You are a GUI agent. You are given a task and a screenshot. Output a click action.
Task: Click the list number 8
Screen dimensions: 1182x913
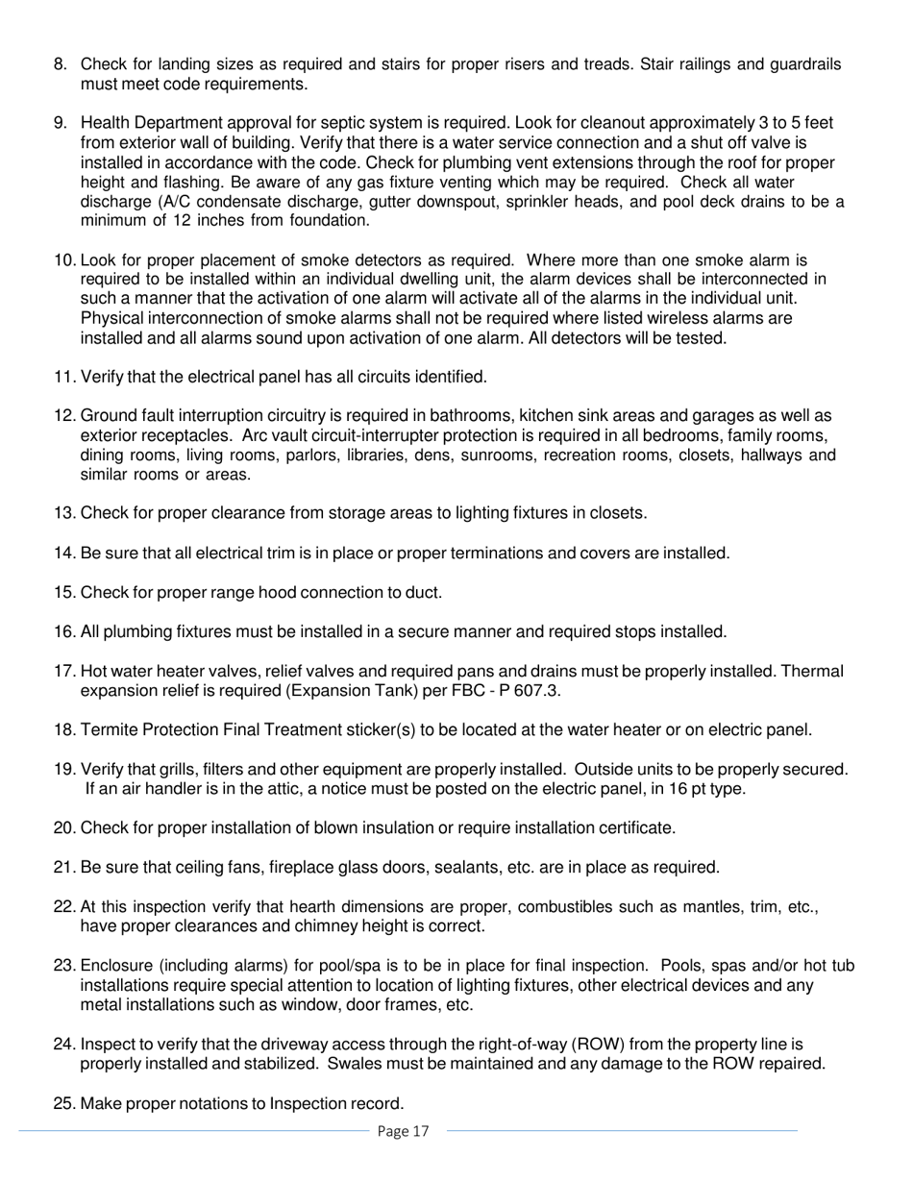pos(60,64)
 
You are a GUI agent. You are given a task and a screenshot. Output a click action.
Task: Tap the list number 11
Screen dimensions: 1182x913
pos(64,377)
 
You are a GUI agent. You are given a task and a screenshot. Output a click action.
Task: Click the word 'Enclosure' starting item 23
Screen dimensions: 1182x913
pos(116,967)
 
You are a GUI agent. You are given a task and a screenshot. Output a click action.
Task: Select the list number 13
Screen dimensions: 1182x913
pos(64,513)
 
